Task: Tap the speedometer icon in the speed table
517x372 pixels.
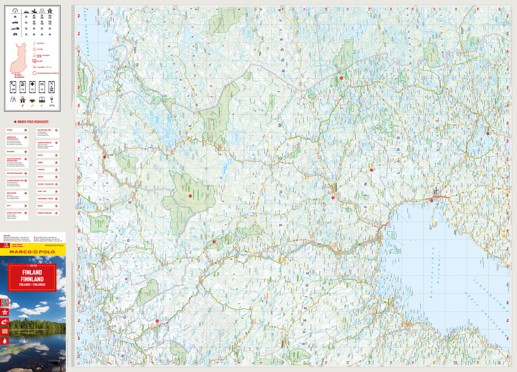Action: (x=15, y=11)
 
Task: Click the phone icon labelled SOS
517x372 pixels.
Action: (x=42, y=86)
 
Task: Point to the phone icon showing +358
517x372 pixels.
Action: (x=13, y=86)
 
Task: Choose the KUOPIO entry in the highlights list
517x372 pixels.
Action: (x=40, y=156)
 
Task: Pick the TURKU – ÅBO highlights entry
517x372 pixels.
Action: (x=42, y=192)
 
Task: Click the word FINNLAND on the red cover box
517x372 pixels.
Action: (x=32, y=279)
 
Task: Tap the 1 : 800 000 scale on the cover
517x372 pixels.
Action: (x=32, y=266)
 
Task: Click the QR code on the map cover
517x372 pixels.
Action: (x=5, y=303)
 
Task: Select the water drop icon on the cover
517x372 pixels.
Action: (x=5, y=341)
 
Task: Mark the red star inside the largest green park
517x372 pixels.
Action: (x=190, y=196)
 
